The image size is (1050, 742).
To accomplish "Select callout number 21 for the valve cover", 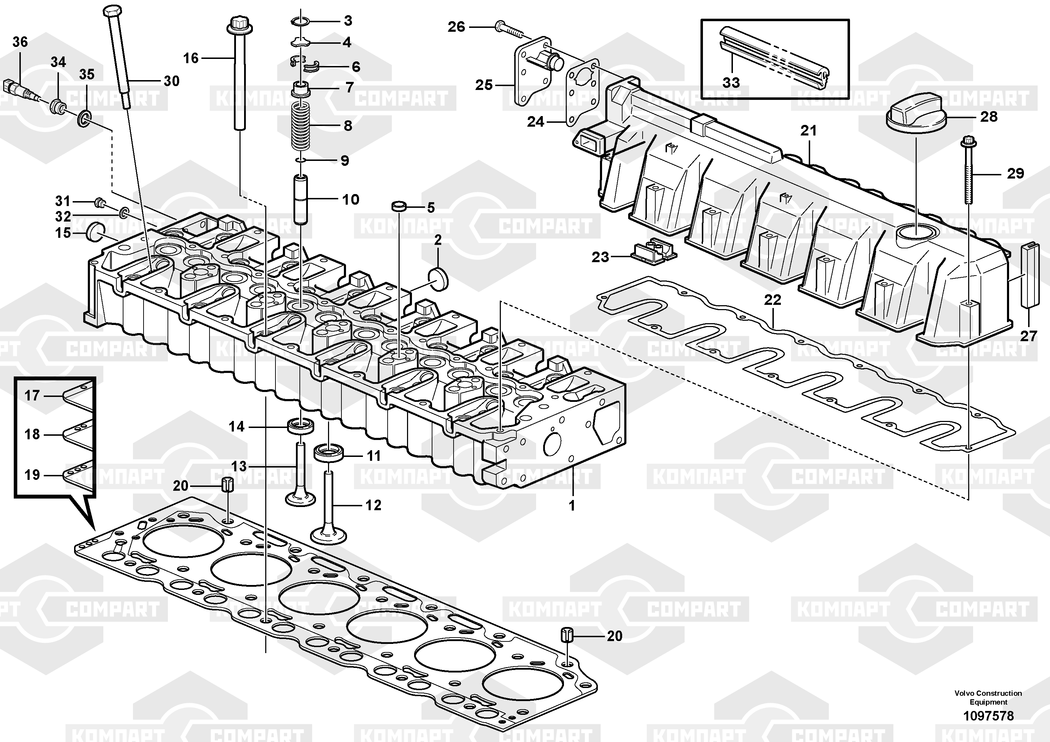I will [x=808, y=131].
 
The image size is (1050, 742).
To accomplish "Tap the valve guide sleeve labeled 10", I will [x=301, y=199].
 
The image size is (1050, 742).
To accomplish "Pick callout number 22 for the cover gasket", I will [x=772, y=300].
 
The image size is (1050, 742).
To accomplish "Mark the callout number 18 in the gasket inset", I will [x=32, y=434].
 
